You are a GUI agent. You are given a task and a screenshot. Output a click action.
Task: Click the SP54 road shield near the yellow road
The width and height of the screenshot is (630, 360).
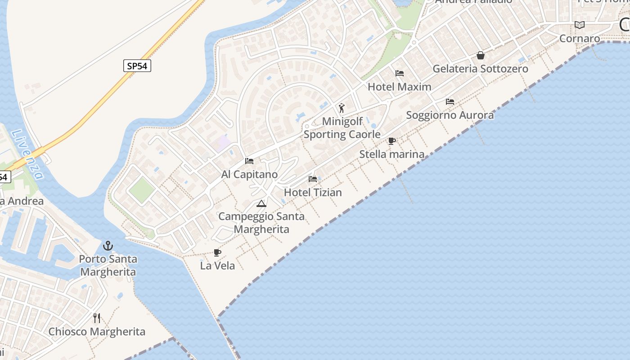137,66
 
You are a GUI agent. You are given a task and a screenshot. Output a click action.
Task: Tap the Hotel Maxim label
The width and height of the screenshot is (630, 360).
400,87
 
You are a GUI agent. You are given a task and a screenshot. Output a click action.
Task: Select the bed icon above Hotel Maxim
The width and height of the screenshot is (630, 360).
400,73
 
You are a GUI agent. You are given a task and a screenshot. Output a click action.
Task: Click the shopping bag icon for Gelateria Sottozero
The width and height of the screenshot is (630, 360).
481,56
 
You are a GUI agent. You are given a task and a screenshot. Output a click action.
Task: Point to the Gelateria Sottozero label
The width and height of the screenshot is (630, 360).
481,69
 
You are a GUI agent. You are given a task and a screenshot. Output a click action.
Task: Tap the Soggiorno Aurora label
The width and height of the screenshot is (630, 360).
450,115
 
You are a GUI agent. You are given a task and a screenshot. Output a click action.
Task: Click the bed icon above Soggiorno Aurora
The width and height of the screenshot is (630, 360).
450,102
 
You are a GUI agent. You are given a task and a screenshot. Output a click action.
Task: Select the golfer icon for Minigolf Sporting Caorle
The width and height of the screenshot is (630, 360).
342,108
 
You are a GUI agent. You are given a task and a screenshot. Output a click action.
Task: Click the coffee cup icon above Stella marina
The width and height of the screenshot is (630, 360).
392,141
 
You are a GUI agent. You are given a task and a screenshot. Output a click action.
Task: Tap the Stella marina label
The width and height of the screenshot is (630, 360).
391,154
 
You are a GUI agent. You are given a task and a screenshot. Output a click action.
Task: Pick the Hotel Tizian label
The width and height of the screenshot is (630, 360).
313,193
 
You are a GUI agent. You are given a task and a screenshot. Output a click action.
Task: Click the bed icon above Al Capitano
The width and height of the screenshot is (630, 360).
249,161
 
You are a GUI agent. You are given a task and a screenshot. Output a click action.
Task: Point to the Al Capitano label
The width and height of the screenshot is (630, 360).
249,175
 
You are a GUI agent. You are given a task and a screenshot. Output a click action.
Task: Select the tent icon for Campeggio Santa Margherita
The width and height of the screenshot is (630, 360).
261,204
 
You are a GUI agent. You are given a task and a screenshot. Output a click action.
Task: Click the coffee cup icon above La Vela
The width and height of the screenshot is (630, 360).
217,253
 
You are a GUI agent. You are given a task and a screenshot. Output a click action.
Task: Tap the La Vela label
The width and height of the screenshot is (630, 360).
217,266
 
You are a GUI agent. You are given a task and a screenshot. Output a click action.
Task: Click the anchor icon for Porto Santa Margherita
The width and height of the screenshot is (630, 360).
108,246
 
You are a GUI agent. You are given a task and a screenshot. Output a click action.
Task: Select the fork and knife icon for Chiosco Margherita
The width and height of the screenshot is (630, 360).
97,318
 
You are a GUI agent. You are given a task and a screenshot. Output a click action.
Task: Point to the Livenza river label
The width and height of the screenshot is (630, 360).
28,154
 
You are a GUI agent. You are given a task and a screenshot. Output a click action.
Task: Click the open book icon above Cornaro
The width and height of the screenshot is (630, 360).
580,25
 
